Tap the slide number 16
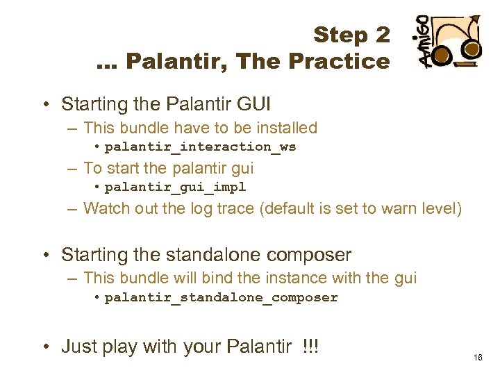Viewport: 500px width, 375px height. tap(478, 358)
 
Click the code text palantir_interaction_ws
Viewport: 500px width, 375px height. tap(200, 147)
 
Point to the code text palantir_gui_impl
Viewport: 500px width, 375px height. tap(175, 187)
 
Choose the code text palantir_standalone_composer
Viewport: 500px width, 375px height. tap(221, 297)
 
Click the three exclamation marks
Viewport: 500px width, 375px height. tap(310, 345)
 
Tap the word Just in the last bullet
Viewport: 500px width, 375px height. tap(77, 345)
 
